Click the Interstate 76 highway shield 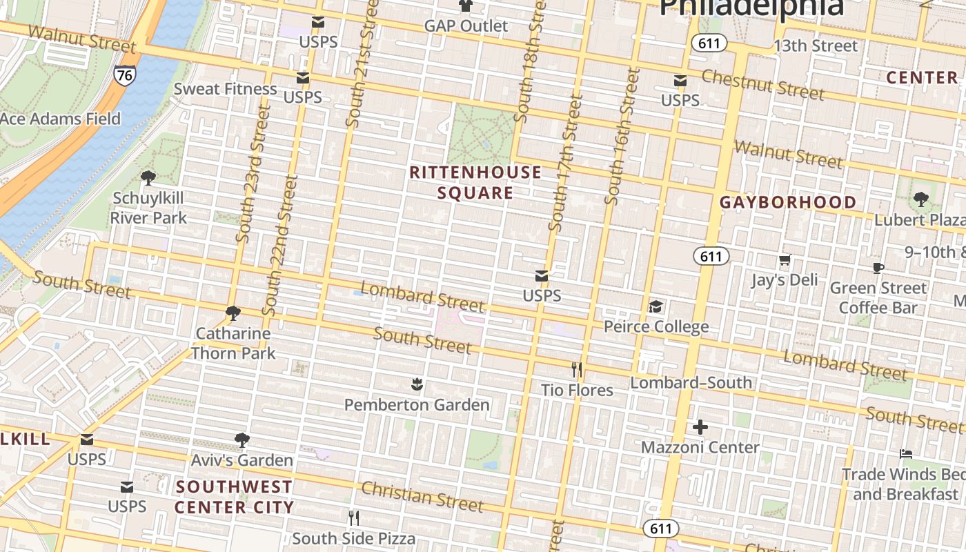(x=125, y=75)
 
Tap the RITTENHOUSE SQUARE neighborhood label (x=475, y=183)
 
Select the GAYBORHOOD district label (x=788, y=202)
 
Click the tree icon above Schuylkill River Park (x=148, y=178)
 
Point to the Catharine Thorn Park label (x=233, y=343)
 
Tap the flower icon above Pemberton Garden (x=416, y=384)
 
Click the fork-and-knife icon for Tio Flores (x=577, y=370)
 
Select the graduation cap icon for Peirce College (x=655, y=306)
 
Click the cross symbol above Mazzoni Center (x=700, y=427)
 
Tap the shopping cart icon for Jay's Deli (x=785, y=260)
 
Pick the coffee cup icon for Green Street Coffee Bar (x=878, y=268)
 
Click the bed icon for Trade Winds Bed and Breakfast (x=906, y=454)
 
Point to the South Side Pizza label (x=354, y=538)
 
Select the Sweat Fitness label (x=225, y=88)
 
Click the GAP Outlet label (x=466, y=26)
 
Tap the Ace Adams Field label (x=60, y=119)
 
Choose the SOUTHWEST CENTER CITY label (x=234, y=497)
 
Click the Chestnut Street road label (x=762, y=84)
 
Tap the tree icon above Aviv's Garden (x=241, y=440)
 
